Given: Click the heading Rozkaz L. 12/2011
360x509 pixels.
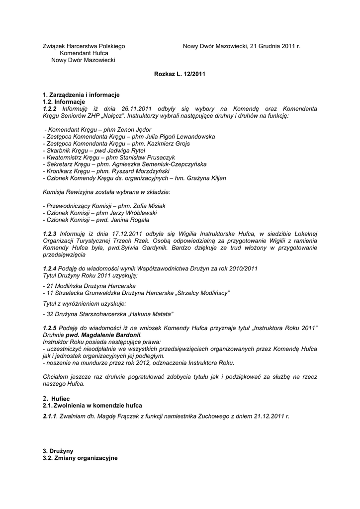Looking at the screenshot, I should (180, 74).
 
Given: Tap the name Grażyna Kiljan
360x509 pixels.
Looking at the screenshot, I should (205, 178).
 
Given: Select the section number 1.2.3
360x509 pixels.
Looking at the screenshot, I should (50, 234).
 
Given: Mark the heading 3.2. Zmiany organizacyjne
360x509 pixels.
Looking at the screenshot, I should (81, 458).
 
